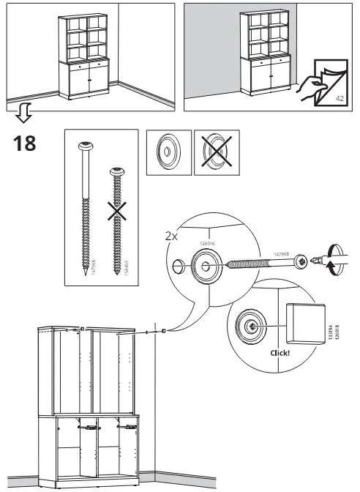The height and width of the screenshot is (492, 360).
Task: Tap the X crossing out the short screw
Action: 115,213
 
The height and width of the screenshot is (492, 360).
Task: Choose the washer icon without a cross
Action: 168,154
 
